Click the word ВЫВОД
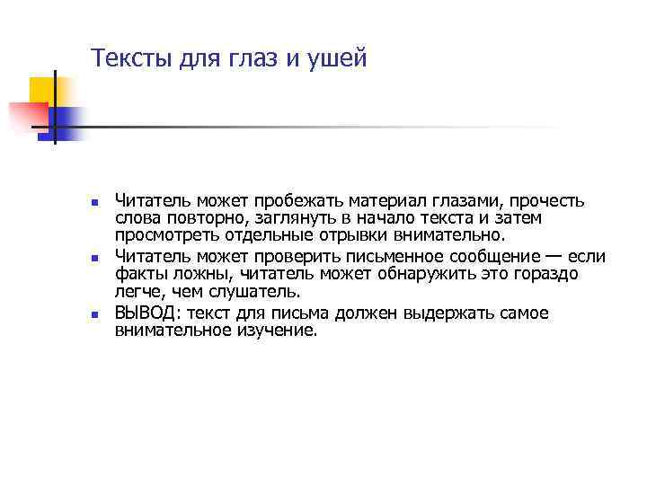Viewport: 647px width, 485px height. (x=147, y=313)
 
